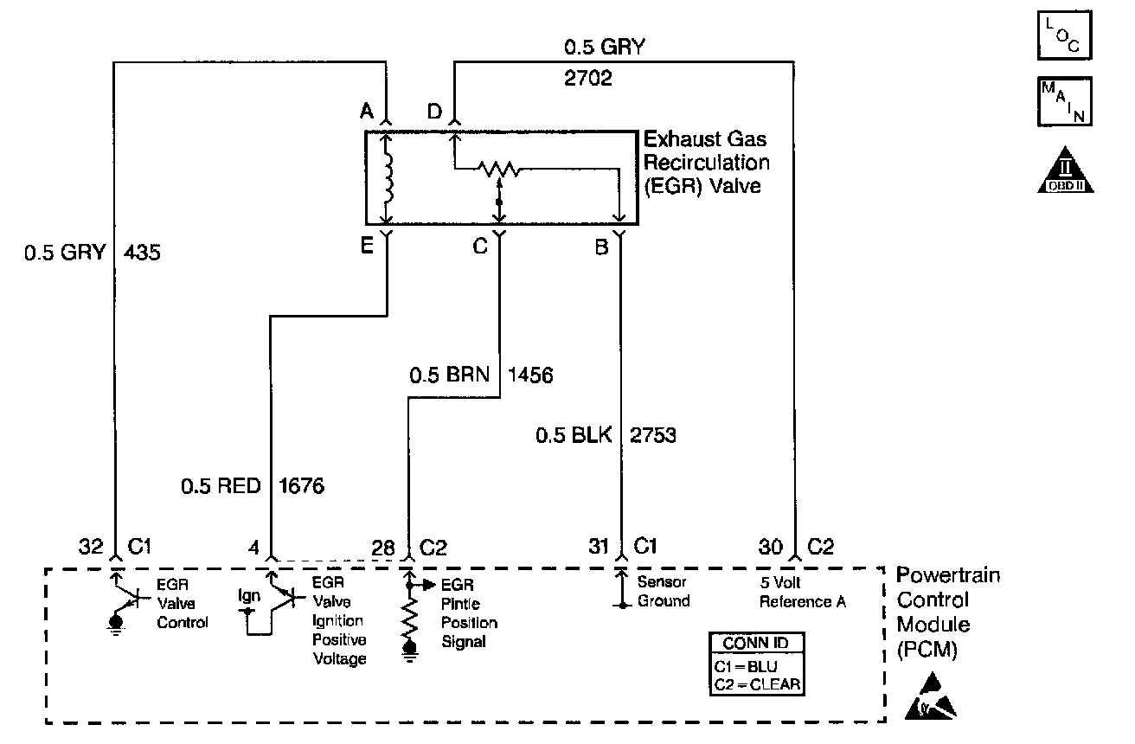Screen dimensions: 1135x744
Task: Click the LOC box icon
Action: click(1064, 35)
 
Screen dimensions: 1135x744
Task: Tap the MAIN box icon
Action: click(1064, 101)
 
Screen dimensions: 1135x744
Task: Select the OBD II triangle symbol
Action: click(1065, 170)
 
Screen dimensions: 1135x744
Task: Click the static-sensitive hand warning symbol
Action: click(930, 697)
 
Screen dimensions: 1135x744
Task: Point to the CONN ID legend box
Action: click(756, 664)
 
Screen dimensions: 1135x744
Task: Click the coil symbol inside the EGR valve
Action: click(388, 177)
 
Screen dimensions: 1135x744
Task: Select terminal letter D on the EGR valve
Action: click(434, 111)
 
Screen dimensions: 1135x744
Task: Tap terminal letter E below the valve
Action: click(366, 246)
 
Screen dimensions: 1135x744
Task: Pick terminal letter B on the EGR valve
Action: click(601, 247)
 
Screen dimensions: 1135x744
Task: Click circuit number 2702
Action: click(587, 78)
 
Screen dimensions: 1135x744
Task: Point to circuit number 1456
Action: click(530, 375)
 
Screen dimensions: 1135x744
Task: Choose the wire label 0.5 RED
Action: click(221, 486)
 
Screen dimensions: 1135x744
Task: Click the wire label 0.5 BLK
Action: click(574, 435)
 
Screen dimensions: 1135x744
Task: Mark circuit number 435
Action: click(142, 253)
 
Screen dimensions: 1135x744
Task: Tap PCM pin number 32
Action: click(91, 547)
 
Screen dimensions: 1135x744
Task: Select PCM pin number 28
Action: click(383, 548)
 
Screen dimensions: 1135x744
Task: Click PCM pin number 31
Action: click(598, 547)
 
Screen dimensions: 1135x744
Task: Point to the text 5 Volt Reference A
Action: click(803, 592)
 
